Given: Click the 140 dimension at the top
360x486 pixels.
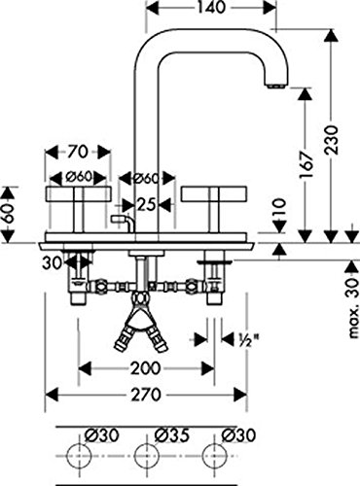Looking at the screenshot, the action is [211, 8].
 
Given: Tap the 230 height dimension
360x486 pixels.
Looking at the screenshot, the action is [332, 140].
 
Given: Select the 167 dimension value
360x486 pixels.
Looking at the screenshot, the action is [306, 164].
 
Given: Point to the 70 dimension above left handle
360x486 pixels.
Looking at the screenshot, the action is [79, 152].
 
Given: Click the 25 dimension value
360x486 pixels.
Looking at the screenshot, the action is [147, 204].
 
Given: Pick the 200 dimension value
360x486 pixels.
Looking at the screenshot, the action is [145, 368].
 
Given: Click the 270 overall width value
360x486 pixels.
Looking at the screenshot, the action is [146, 395].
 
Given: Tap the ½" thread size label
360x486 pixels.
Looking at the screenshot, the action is [248, 339].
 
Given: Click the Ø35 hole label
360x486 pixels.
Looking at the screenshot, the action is [172, 435].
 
